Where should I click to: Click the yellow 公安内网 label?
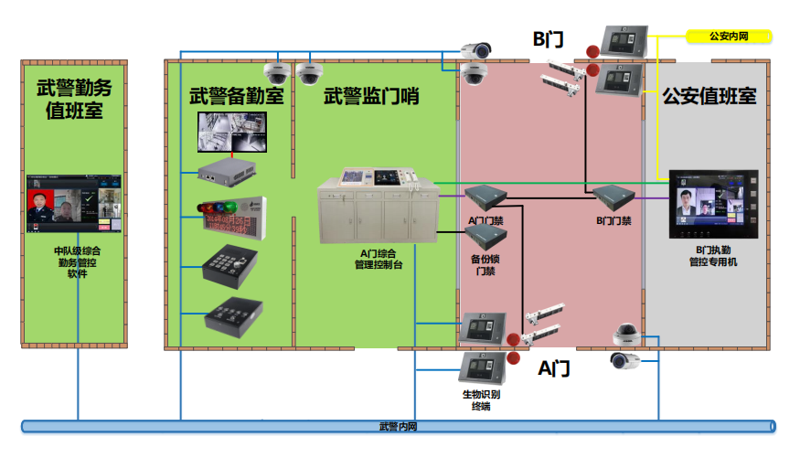tap(729, 37)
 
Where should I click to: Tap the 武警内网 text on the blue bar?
tap(398, 426)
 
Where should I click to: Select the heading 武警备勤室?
tap(236, 96)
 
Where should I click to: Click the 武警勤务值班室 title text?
tap(74, 100)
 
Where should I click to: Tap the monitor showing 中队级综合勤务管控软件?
tap(73, 204)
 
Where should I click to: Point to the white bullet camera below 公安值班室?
tap(624, 361)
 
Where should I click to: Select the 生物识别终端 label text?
tap(481, 400)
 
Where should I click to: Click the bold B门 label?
tap(548, 38)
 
